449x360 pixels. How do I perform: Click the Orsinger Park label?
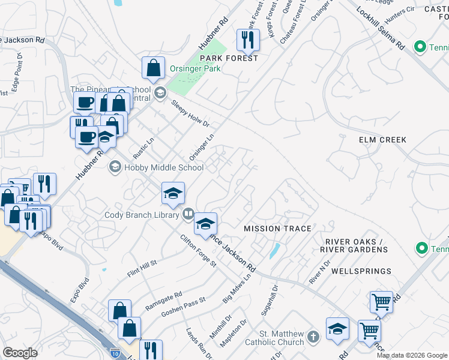(194, 68)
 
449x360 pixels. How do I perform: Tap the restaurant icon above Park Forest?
(248, 40)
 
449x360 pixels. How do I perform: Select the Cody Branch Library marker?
(188, 214)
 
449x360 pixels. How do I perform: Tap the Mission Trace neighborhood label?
(277, 229)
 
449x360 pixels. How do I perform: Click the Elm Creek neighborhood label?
(382, 140)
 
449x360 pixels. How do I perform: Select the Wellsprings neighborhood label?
(355, 271)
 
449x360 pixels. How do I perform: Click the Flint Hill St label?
(142, 268)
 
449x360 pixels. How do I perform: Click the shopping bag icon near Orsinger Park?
(154, 67)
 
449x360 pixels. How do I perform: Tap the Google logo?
(20, 353)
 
